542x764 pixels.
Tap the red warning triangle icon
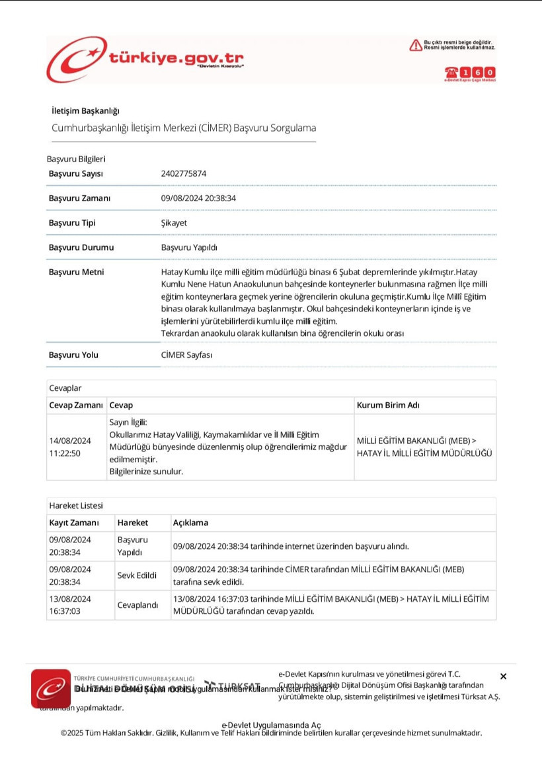[415, 45]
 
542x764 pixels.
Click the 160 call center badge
[470, 73]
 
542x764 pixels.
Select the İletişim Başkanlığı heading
[85, 110]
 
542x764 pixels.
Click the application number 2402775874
[184, 174]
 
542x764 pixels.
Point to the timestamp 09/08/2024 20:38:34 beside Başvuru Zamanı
[199, 198]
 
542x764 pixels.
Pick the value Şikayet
[174, 223]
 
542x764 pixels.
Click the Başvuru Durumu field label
[81, 247]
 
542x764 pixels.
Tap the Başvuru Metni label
[76, 272]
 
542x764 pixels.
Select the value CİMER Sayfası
[186, 355]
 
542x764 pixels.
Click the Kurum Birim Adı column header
[388, 405]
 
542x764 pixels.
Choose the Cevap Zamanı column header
[76, 405]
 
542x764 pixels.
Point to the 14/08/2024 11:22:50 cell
[70, 447]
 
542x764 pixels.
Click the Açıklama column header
[190, 523]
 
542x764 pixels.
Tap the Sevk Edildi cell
[137, 575]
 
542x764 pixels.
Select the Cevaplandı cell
[137, 605]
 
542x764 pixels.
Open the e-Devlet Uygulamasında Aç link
[271, 724]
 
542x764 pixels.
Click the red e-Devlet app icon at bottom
[50, 688]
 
